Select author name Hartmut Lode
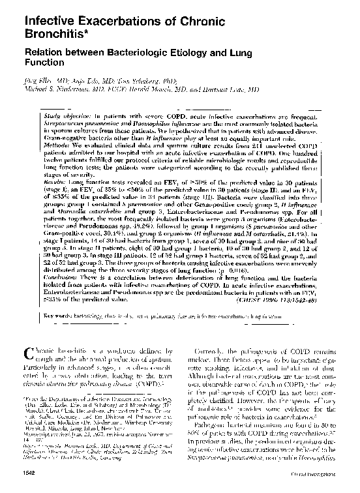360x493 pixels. click(x=237, y=91)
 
